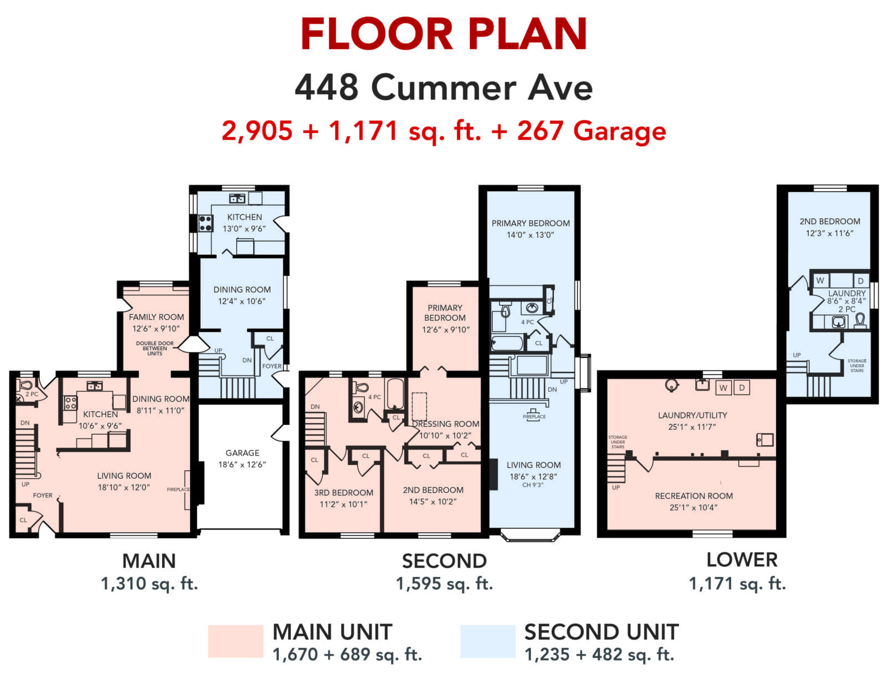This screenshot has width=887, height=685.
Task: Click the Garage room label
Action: (x=242, y=452)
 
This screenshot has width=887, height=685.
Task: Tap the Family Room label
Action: (x=156, y=317)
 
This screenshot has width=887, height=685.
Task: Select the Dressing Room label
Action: (x=445, y=424)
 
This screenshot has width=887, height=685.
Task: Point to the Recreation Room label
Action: (x=694, y=495)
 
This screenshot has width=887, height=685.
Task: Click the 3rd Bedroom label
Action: (x=343, y=493)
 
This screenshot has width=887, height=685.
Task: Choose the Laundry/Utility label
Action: (x=692, y=415)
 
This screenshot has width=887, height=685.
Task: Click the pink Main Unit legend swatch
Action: (x=236, y=641)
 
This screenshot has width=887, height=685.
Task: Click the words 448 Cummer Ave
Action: (x=443, y=88)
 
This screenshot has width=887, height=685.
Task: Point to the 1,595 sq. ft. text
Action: (x=445, y=584)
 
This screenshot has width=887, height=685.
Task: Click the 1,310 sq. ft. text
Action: (x=149, y=584)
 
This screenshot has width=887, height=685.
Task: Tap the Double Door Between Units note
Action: (x=155, y=349)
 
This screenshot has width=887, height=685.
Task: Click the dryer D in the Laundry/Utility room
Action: (x=742, y=387)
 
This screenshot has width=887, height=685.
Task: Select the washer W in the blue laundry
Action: (x=820, y=280)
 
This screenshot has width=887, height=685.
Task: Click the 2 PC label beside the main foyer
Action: (x=32, y=394)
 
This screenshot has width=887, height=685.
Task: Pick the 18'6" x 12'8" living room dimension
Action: (x=533, y=476)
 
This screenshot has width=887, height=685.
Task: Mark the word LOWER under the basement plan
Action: (x=742, y=560)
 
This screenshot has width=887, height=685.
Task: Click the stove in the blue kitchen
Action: (x=205, y=223)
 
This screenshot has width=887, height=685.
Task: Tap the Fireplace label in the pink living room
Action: (x=179, y=489)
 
